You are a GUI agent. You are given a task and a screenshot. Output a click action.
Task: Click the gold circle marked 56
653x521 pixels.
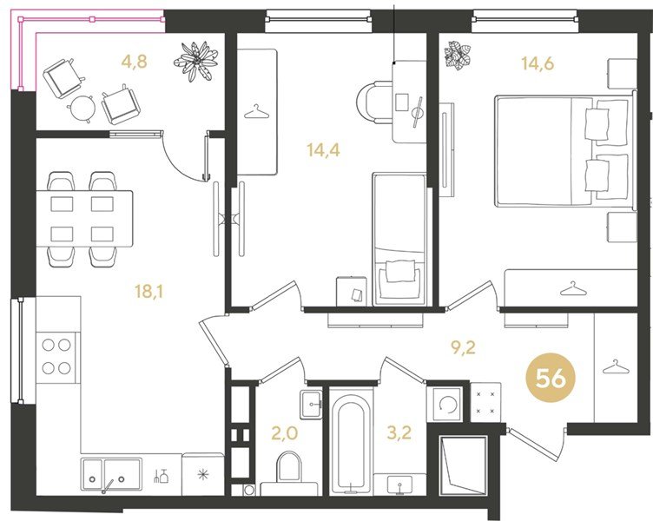point(551,378)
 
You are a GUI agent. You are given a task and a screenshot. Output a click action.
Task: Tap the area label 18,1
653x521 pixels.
point(148,292)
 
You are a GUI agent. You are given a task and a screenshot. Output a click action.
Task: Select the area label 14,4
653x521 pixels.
point(323,149)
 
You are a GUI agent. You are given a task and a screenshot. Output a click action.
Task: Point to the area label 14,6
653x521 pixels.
point(538,63)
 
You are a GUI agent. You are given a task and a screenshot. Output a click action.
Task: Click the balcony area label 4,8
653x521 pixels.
point(134,62)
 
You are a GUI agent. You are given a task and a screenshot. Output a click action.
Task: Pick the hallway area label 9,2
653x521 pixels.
point(464,346)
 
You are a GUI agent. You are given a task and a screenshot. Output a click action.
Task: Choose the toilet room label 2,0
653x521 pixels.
point(285,433)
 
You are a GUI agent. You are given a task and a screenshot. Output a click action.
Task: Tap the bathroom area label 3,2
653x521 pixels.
point(399,432)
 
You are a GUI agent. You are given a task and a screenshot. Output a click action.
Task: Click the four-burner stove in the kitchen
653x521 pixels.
point(56,357)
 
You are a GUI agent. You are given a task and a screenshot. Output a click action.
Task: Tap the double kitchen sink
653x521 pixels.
point(111,476)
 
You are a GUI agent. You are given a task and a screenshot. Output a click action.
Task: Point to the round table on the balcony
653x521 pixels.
point(82,108)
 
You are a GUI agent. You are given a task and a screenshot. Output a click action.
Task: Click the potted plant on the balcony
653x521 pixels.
point(195,61)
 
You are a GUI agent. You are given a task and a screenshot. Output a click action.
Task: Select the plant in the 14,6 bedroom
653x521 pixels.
point(458,56)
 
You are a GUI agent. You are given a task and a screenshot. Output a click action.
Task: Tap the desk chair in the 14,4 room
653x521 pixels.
point(374,102)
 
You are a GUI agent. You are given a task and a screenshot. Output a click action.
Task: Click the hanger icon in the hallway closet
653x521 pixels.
point(614,367)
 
